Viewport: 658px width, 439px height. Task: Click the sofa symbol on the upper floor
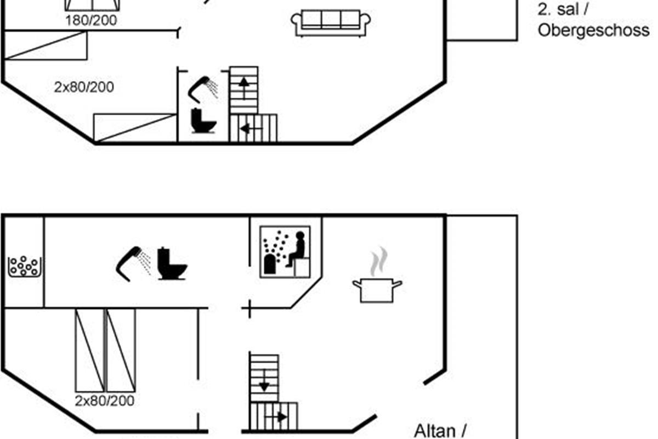click(x=331, y=23)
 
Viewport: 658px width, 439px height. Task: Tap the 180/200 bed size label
click(x=91, y=21)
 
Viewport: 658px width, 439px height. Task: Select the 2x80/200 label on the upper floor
click(x=84, y=87)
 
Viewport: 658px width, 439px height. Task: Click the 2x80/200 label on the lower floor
click(x=105, y=401)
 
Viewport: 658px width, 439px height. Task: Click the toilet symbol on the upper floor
click(x=203, y=121)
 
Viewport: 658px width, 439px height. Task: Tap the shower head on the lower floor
click(x=133, y=263)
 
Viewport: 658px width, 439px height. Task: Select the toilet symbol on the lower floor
click(x=172, y=264)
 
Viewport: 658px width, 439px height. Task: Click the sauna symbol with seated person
click(x=285, y=252)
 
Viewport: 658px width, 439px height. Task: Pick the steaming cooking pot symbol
click(x=377, y=275)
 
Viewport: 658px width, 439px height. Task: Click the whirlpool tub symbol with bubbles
click(x=25, y=266)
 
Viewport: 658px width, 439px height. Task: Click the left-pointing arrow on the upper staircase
click(x=251, y=128)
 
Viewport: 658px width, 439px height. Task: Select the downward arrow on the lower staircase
click(x=264, y=381)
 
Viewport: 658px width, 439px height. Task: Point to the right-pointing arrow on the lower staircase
click(x=276, y=417)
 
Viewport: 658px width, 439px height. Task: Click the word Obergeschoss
click(x=593, y=31)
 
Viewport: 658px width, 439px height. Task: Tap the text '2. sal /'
click(x=563, y=9)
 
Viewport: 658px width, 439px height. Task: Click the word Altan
click(x=435, y=432)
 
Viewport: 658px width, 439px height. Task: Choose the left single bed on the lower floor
click(x=89, y=350)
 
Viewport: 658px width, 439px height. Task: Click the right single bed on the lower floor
click(x=121, y=350)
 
